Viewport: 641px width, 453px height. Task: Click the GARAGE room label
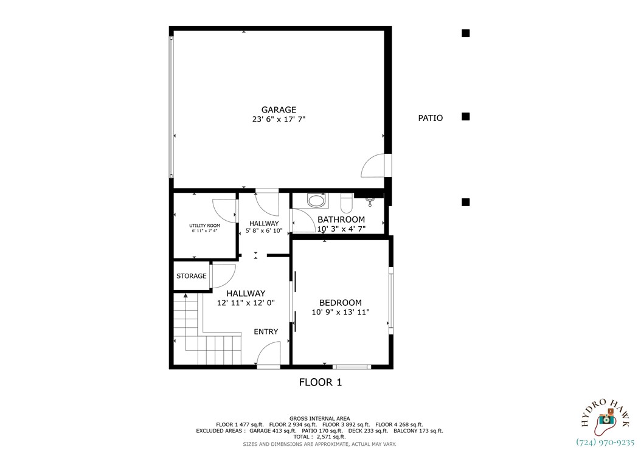coord(279,110)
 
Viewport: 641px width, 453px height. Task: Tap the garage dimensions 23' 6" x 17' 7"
coord(279,120)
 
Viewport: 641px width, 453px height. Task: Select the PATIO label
coord(430,118)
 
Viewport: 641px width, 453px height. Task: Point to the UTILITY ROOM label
coord(204,226)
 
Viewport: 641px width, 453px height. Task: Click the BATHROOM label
coord(341,220)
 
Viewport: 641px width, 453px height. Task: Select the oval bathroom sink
coord(316,200)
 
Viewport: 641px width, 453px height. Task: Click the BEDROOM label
coord(341,303)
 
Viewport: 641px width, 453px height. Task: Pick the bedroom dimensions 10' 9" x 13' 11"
coord(341,313)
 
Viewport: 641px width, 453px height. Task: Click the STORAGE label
coord(191,276)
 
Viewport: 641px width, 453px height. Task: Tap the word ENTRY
coord(266,332)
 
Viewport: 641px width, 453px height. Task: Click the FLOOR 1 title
coord(320,382)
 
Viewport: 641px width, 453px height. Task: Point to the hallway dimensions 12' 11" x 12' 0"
coord(246,303)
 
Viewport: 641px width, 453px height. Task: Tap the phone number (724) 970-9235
coord(605,443)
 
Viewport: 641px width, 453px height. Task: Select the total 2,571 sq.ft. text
coord(319,437)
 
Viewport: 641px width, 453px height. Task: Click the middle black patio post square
coord(465,117)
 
